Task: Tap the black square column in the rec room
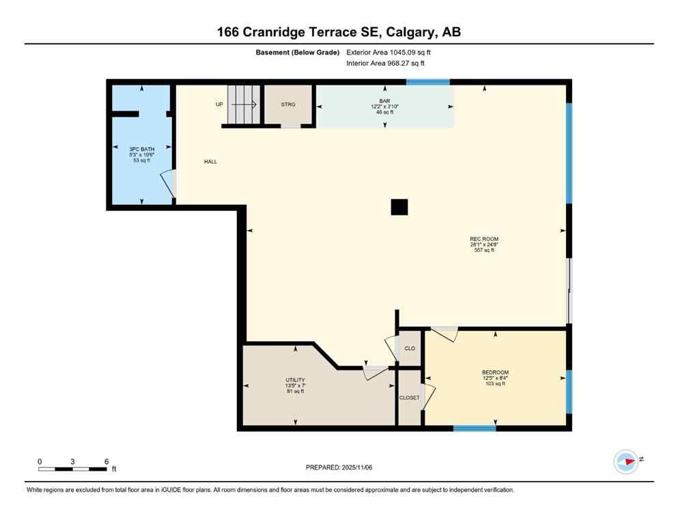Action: pos(399,207)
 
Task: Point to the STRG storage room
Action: pos(288,105)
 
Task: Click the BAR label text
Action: pos(384,100)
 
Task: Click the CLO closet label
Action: pos(410,348)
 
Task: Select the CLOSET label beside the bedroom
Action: pos(410,398)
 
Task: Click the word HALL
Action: pos(210,162)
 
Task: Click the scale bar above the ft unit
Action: pos(72,469)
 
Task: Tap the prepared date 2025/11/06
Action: pos(339,467)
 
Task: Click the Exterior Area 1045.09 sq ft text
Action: pos(389,52)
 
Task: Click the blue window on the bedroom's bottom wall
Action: pos(475,428)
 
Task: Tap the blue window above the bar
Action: pos(428,82)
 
